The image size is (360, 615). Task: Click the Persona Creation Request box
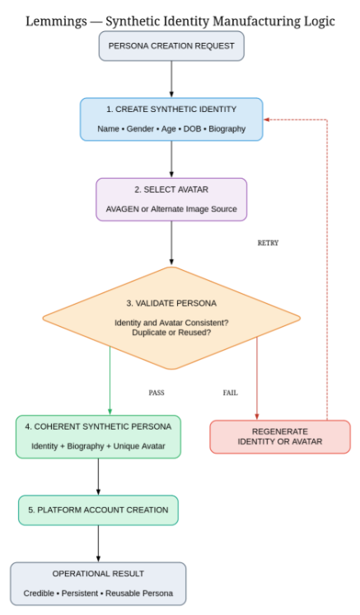click(171, 46)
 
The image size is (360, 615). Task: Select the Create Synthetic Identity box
click(171, 119)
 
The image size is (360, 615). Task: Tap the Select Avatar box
click(171, 199)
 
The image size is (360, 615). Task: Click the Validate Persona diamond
click(171, 318)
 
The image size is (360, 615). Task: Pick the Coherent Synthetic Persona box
click(98, 436)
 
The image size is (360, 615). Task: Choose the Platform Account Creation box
click(98, 510)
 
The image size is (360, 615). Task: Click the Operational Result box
click(98, 584)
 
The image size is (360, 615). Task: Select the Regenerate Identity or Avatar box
click(280, 436)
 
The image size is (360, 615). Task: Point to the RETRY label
click(268, 243)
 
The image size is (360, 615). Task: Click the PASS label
click(157, 393)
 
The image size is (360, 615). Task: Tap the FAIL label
click(230, 393)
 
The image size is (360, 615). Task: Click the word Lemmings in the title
click(56, 21)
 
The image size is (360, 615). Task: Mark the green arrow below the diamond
click(110, 380)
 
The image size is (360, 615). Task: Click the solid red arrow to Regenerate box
click(257, 379)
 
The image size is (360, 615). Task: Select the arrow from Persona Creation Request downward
click(171, 79)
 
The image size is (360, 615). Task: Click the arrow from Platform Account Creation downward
click(98, 543)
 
